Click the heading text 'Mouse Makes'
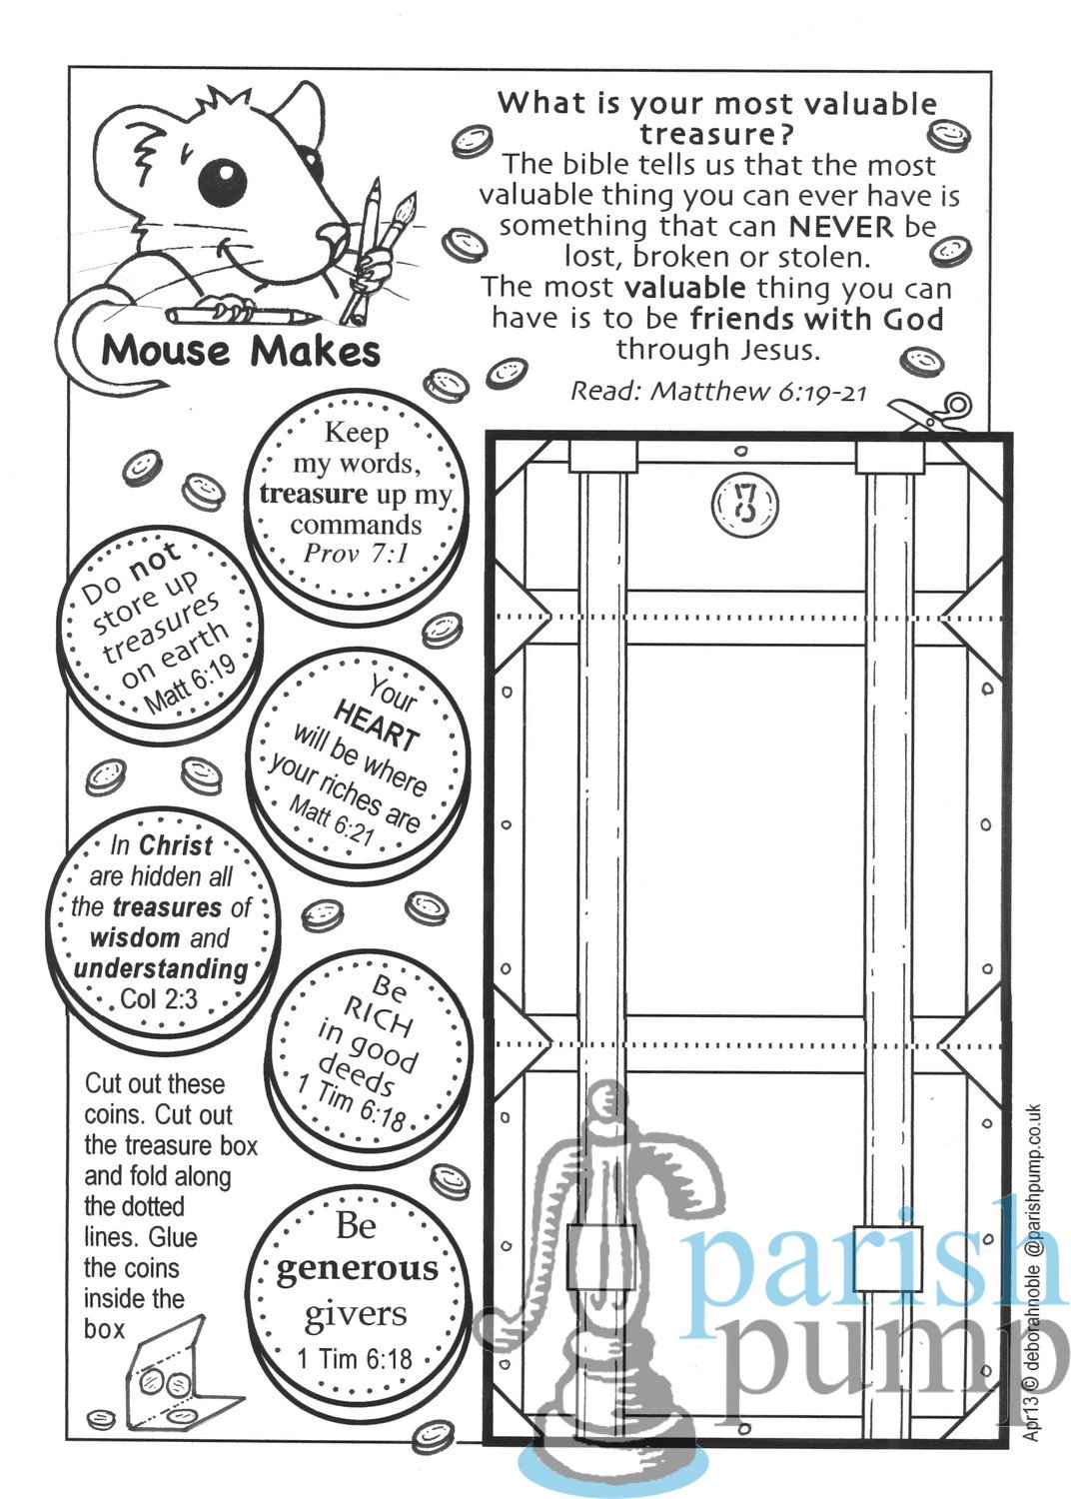tap(241, 351)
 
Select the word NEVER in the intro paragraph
tap(841, 227)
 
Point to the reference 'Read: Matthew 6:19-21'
tap(717, 391)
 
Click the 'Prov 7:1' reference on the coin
tap(356, 553)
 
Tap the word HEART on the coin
tap(376, 726)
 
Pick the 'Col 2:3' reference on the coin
tap(159, 999)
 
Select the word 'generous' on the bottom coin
tap(358, 1269)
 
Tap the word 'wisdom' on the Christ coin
tap(135, 937)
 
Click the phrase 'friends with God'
tap(817, 319)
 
